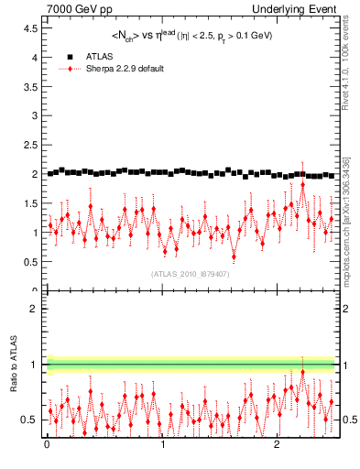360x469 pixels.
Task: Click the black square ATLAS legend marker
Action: (x=70, y=57)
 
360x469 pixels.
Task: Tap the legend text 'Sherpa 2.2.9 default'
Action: (x=126, y=69)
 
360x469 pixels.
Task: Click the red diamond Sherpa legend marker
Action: (x=70, y=69)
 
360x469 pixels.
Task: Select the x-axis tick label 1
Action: (x=162, y=445)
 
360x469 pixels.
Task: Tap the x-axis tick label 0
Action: (x=47, y=445)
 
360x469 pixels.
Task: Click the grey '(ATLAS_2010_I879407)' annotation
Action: (x=191, y=274)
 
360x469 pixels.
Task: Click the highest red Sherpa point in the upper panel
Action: (x=302, y=184)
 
